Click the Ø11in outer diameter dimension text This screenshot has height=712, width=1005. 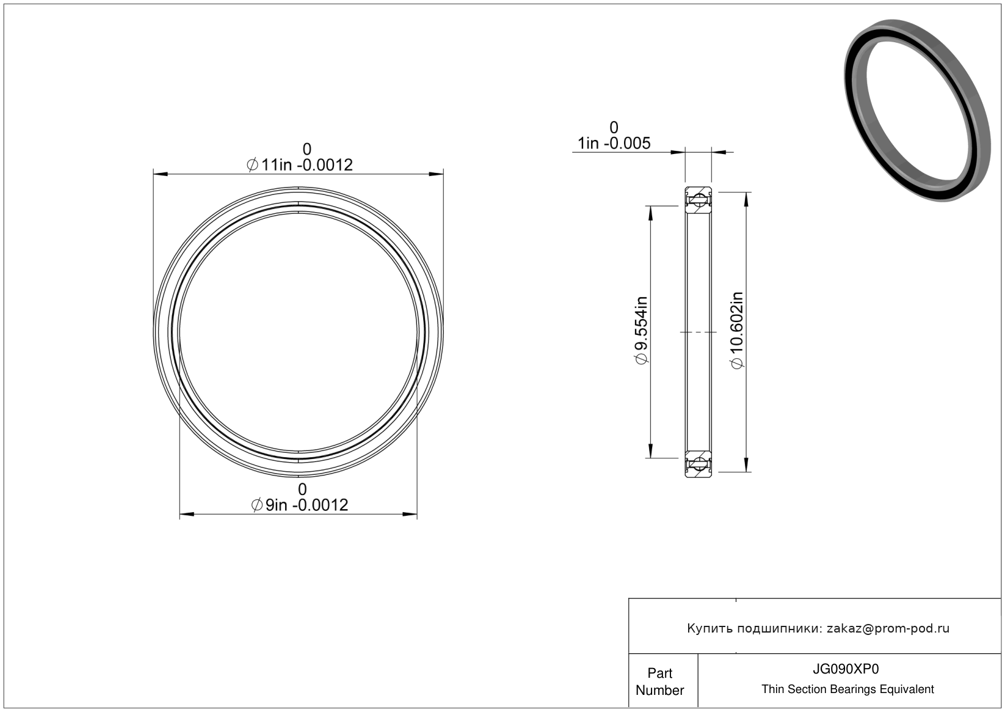(300, 165)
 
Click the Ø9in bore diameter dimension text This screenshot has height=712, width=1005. (300, 505)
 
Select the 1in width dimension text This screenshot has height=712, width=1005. (614, 143)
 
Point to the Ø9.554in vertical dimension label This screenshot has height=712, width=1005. (642, 331)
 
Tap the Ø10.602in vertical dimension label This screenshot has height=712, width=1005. (737, 331)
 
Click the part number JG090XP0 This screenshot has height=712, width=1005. (846, 669)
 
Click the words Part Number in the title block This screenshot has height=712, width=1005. (659, 681)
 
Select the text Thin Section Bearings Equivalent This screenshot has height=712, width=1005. (847, 689)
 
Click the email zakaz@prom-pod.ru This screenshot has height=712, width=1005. (888, 628)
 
